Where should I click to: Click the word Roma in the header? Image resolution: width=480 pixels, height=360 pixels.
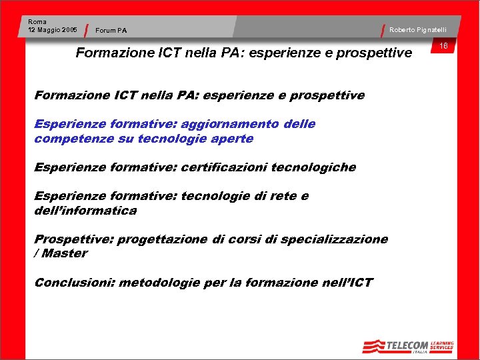pyautogui.click(x=37, y=22)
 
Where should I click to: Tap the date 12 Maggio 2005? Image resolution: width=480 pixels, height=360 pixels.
pyautogui.click(x=53, y=30)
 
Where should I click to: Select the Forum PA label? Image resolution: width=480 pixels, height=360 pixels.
pyautogui.click(x=111, y=30)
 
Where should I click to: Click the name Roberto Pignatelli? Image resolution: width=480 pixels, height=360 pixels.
pyautogui.click(x=418, y=29)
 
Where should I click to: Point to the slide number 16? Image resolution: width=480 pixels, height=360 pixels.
pyautogui.click(x=443, y=45)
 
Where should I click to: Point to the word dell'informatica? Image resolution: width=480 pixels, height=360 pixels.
pyautogui.click(x=85, y=211)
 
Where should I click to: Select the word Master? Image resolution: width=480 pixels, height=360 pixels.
pyautogui.click(x=65, y=253)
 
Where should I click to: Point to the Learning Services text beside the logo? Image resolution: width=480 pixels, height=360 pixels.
pyautogui.click(x=442, y=345)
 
